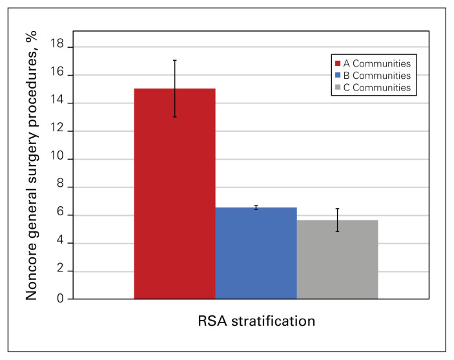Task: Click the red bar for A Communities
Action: click(x=174, y=194)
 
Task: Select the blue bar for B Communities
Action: click(x=256, y=253)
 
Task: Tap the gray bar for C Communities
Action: click(x=337, y=259)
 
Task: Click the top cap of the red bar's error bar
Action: click(x=175, y=60)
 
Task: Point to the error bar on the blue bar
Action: click(x=256, y=207)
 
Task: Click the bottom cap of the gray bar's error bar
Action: click(x=337, y=231)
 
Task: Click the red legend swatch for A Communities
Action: click(x=338, y=63)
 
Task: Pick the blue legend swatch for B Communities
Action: click(x=338, y=75)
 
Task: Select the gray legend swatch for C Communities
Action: click(x=338, y=87)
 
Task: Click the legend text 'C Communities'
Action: click(x=377, y=87)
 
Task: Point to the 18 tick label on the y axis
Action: click(x=57, y=44)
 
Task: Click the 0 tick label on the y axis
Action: click(x=60, y=298)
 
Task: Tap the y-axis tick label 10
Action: click(x=57, y=156)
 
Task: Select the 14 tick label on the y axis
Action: click(x=57, y=100)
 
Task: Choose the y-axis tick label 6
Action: click(x=60, y=212)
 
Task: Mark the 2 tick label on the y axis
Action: click(x=60, y=268)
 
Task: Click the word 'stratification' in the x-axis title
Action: click(x=273, y=321)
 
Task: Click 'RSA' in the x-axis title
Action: click(x=212, y=321)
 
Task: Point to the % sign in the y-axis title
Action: click(x=31, y=37)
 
